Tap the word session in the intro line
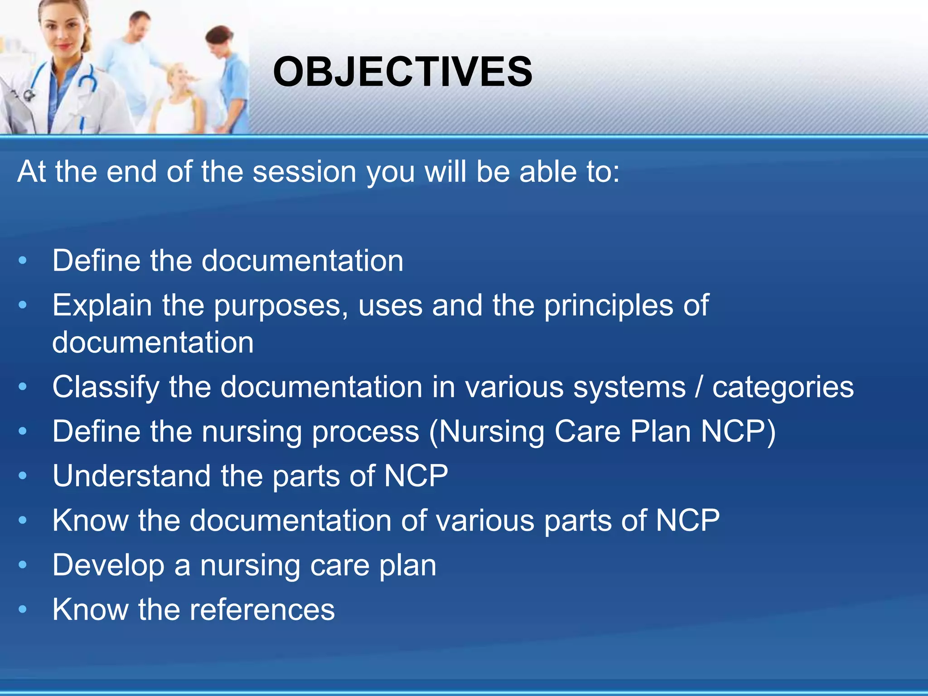(x=304, y=172)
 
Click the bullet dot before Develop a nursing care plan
(x=23, y=565)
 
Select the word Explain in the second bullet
(x=102, y=305)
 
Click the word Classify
(x=106, y=388)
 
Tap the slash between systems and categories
(x=699, y=387)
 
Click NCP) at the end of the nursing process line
(x=738, y=431)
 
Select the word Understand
(x=131, y=476)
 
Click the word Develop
(x=108, y=566)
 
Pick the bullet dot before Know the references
(x=23, y=609)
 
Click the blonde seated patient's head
(x=181, y=77)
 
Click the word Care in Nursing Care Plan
(x=587, y=431)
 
